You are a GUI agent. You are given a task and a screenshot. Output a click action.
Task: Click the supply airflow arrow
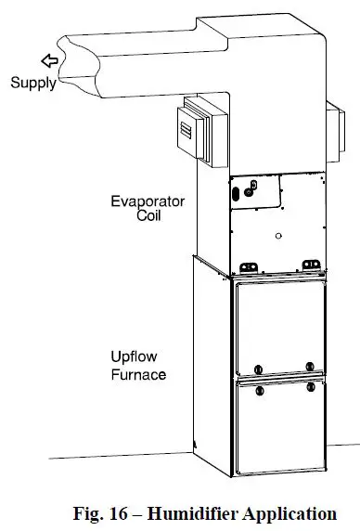(x=49, y=62)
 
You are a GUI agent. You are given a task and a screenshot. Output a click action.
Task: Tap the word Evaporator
(x=148, y=201)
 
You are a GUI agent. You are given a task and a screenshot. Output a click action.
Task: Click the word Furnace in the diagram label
(x=135, y=375)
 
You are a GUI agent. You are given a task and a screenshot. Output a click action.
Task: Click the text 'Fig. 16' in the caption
(x=100, y=512)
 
